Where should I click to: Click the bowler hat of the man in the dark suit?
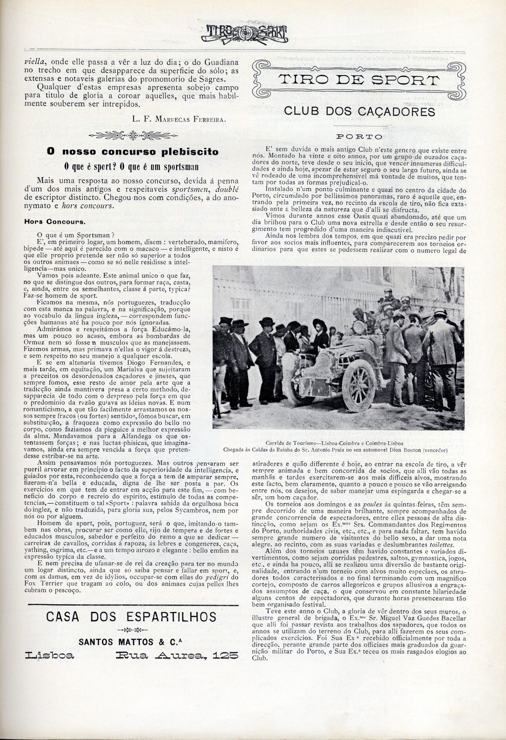tap(266, 322)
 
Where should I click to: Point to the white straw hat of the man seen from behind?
tap(440, 313)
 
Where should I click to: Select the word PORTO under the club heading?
tap(359, 137)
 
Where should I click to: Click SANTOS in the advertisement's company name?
tap(96, 642)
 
